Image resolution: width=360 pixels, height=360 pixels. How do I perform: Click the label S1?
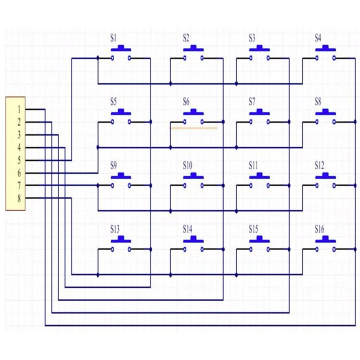113,37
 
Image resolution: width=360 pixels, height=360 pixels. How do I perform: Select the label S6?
186,101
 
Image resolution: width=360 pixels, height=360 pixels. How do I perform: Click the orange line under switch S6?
194,128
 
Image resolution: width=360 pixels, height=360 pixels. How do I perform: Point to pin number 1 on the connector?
19,109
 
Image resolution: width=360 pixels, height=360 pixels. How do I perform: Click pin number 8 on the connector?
19,198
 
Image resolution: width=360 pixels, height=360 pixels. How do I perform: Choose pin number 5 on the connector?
19,160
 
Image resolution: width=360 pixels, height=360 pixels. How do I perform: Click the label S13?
115,229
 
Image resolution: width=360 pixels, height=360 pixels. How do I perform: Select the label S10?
187,165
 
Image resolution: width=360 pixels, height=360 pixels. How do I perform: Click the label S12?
319,165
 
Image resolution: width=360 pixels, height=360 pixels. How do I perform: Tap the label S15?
253,229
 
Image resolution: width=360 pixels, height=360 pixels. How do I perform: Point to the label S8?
318,101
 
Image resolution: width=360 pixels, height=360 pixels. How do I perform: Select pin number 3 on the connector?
19,135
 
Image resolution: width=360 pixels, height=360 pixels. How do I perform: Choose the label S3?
252,37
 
